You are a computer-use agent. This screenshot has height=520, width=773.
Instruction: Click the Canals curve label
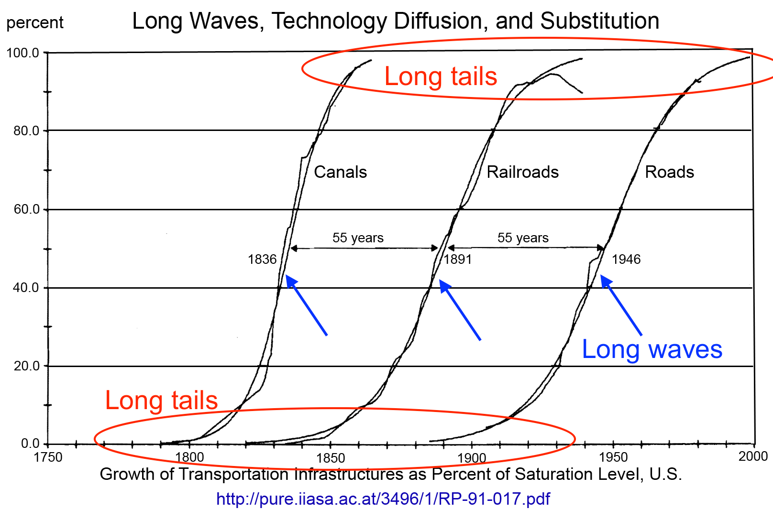click(x=340, y=172)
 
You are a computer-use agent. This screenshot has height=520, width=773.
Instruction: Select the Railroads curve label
click(x=522, y=172)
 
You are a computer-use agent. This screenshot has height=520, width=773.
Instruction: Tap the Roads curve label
click(x=669, y=172)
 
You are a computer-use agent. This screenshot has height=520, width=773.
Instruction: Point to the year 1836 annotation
click(x=262, y=260)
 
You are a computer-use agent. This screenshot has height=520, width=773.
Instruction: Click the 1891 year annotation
click(x=458, y=260)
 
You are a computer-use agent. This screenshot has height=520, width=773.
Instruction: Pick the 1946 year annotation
click(x=626, y=260)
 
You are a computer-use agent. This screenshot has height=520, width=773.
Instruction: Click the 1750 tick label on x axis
click(x=48, y=457)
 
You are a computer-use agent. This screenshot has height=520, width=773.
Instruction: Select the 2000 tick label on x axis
click(x=753, y=456)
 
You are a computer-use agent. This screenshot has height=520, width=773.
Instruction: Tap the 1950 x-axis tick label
click(x=613, y=457)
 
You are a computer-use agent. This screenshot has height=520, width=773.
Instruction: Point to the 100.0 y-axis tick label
click(x=22, y=53)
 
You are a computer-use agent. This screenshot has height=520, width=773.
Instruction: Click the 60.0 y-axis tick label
click(x=26, y=209)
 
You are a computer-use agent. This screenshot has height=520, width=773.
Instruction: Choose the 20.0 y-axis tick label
click(x=26, y=366)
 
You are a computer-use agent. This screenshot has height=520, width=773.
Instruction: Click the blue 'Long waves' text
click(x=652, y=349)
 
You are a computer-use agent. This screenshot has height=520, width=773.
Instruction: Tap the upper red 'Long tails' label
click(x=441, y=76)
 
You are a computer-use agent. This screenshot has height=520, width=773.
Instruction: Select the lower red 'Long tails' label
click(x=161, y=401)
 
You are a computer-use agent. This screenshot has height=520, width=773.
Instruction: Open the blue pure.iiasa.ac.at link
click(x=383, y=499)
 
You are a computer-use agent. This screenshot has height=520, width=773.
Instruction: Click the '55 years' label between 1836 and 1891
click(x=358, y=238)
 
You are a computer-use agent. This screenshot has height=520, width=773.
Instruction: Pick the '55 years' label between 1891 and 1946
click(x=523, y=238)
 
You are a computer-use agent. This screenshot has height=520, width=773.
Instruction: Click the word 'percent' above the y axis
click(x=35, y=22)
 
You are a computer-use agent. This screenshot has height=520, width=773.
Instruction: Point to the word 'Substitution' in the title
click(x=599, y=21)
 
